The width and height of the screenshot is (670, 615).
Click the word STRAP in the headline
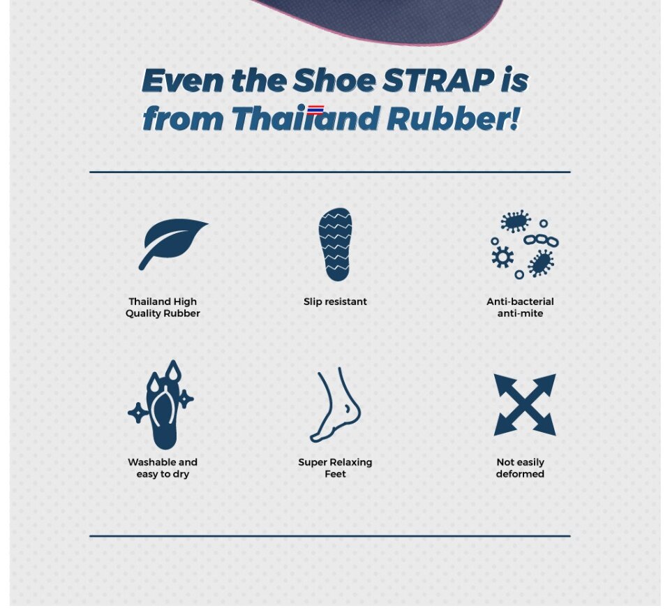(x=438, y=80)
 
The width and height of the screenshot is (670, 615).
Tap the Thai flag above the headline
(x=315, y=110)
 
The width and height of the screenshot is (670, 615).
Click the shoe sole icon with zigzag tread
(x=336, y=244)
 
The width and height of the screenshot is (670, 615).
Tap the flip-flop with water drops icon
(x=161, y=405)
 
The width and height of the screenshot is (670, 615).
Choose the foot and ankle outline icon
(x=336, y=404)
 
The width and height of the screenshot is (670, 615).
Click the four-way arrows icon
(x=525, y=405)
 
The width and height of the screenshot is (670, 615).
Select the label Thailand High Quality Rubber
(x=163, y=307)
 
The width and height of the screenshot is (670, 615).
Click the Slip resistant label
(x=336, y=302)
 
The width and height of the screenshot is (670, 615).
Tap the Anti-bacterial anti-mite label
(x=520, y=307)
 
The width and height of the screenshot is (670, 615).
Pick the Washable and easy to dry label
(x=163, y=468)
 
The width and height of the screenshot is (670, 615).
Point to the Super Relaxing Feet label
(x=336, y=468)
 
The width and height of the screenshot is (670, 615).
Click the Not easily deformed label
(x=520, y=468)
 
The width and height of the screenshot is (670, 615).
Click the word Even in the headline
(x=182, y=80)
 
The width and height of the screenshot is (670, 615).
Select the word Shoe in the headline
(x=334, y=80)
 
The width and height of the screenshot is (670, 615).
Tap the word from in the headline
(x=183, y=118)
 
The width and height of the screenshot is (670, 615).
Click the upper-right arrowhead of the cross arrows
(x=546, y=383)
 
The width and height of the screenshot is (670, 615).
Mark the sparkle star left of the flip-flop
(x=138, y=413)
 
